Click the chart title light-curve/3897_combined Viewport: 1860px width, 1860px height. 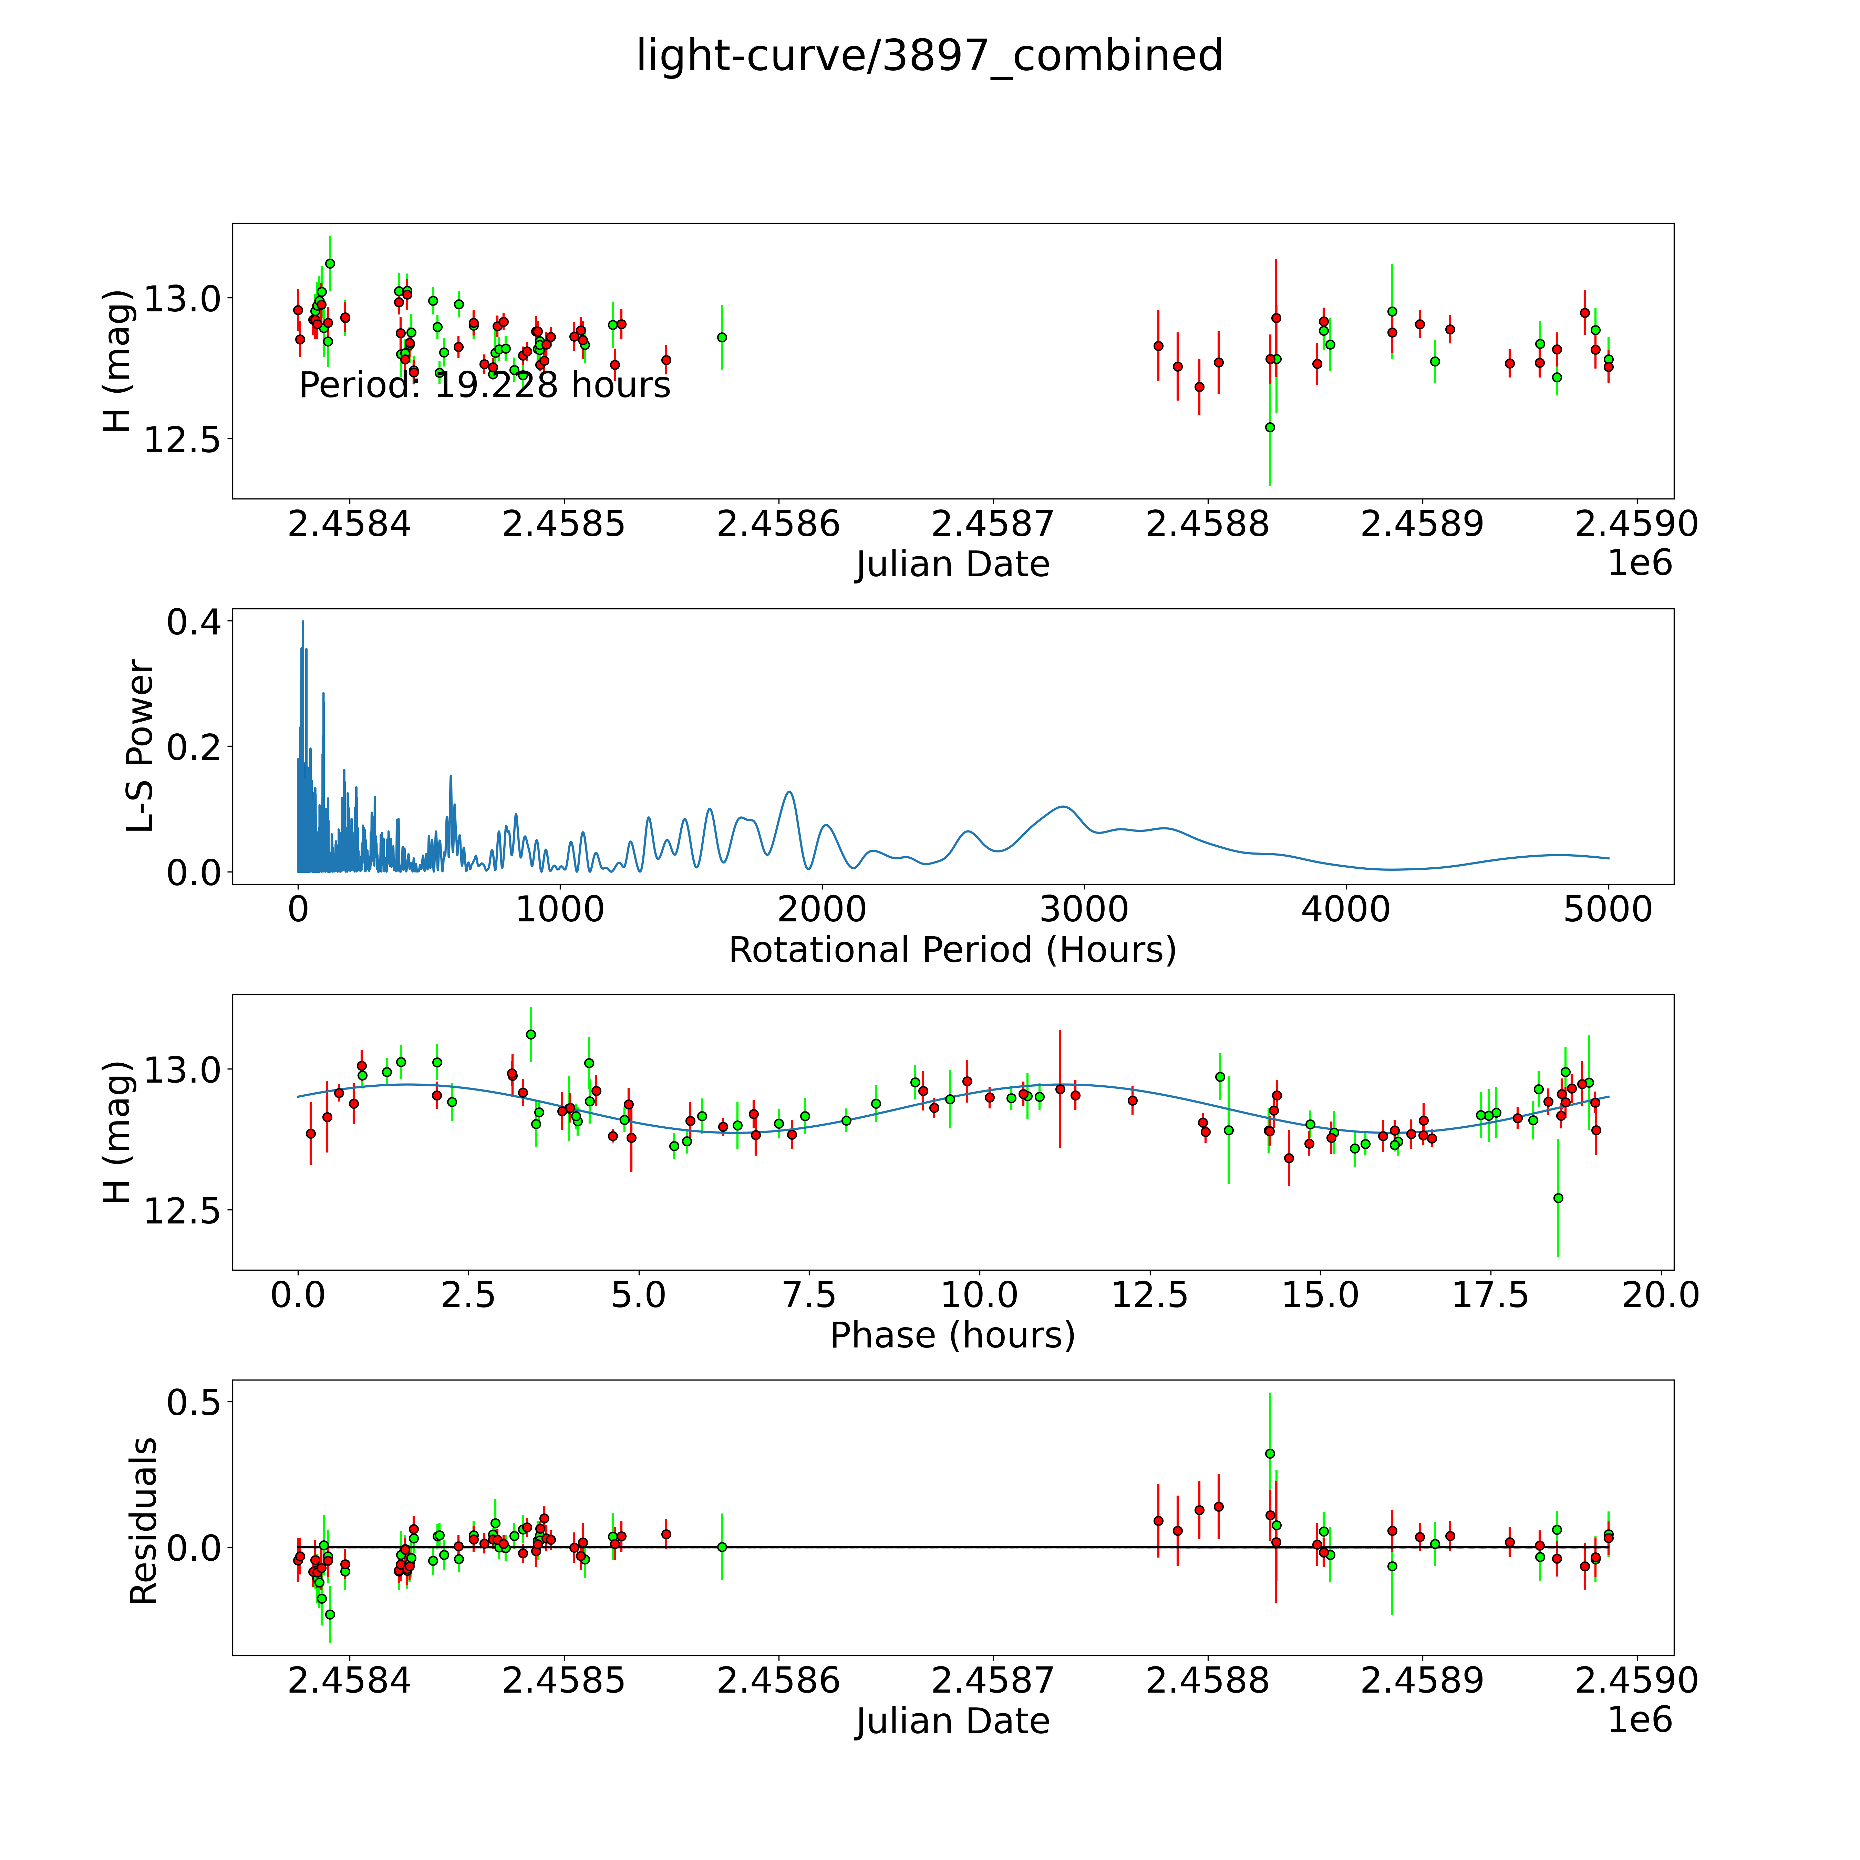pos(929,56)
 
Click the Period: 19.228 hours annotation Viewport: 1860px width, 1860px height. pos(484,385)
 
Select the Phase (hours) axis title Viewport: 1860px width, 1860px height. pos(952,1335)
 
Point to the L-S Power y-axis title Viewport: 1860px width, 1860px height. pos(141,746)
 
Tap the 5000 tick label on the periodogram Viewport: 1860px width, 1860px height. pos(1608,909)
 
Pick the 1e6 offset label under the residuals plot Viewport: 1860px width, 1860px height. pos(1640,1720)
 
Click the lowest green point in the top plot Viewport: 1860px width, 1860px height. pos(1270,426)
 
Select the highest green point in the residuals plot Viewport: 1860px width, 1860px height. pos(1270,1454)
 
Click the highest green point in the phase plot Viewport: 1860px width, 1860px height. pos(530,1034)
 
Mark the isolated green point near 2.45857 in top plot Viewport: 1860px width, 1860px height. pos(722,337)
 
